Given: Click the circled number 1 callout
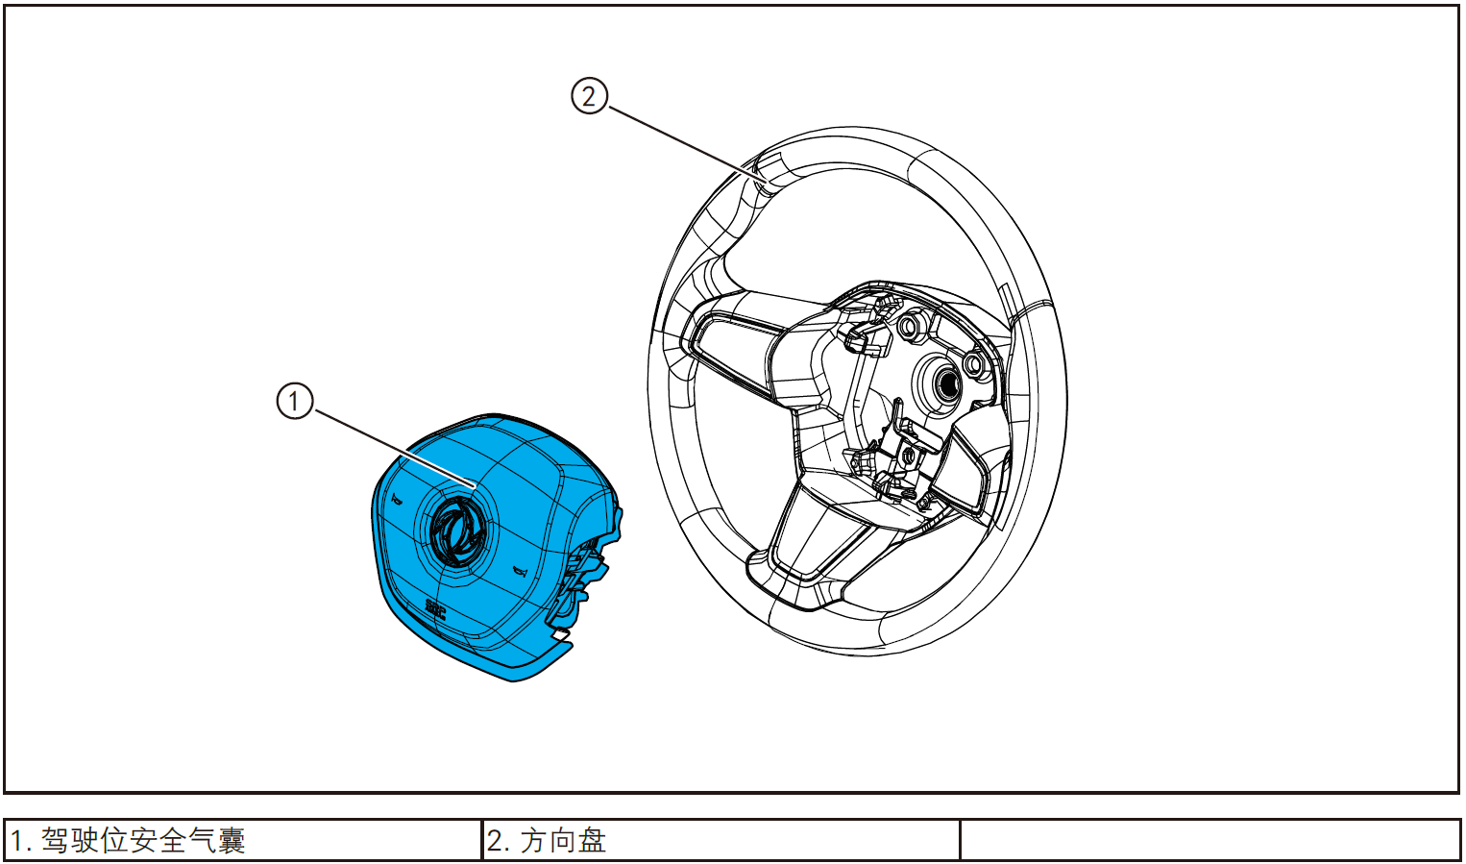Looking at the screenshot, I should click(295, 401).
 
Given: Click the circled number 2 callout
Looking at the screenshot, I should click(589, 96).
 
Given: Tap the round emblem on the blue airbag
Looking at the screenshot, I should click(456, 531).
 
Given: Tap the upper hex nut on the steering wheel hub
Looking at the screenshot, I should click(908, 328).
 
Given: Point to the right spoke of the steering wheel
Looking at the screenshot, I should click(965, 471).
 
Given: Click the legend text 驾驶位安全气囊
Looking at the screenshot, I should click(143, 841).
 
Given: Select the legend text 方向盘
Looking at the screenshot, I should click(563, 841).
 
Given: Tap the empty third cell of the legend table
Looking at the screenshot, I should click(1209, 841).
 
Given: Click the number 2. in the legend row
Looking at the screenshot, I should click(498, 841).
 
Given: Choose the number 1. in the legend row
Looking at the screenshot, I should click(21, 841).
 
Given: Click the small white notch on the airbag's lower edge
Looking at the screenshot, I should click(558, 634).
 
